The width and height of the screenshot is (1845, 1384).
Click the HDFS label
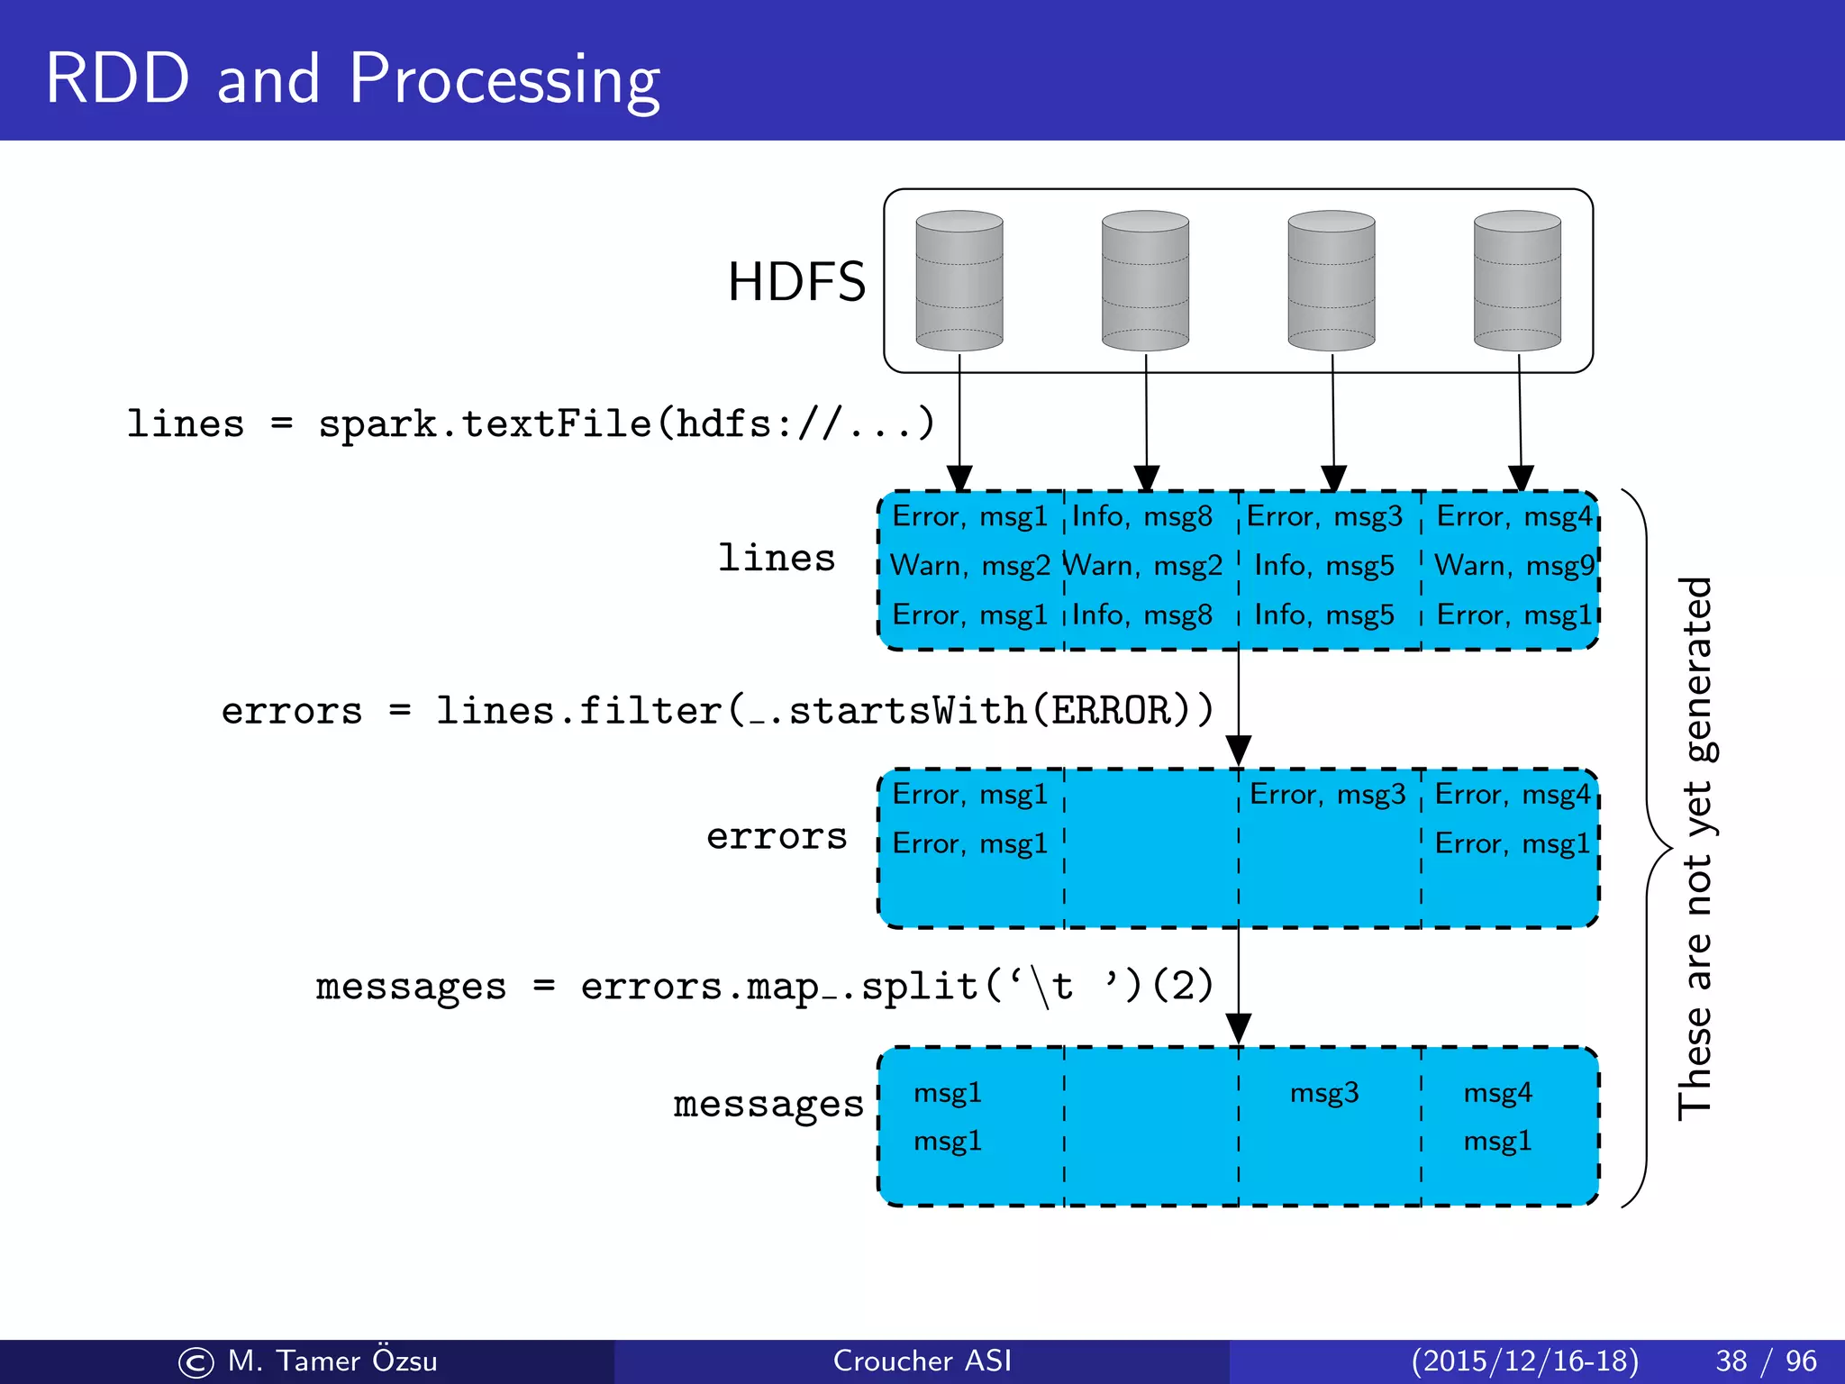click(x=796, y=282)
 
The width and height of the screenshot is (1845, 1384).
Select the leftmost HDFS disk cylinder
click(x=959, y=281)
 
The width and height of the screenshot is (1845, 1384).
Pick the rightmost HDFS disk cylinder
click(x=1517, y=281)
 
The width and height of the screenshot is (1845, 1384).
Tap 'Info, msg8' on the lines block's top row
click(x=1141, y=516)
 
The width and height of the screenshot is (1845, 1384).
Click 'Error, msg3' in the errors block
click(x=1327, y=795)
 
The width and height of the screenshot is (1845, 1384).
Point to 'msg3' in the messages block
click(x=1323, y=1093)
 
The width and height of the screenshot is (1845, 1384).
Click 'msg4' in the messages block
click(x=1497, y=1093)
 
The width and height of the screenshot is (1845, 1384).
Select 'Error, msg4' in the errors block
click(x=1513, y=795)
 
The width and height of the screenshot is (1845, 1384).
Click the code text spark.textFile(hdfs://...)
click(x=626, y=423)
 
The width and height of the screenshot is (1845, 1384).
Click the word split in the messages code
click(x=919, y=987)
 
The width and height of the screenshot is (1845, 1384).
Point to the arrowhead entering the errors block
click(x=1239, y=751)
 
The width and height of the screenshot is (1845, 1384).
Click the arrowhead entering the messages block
click(x=1239, y=1028)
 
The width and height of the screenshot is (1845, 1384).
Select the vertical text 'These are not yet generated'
click(x=1695, y=847)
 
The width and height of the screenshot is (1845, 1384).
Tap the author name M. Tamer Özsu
click(x=332, y=1361)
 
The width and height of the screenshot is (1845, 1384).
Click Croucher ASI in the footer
click(x=922, y=1361)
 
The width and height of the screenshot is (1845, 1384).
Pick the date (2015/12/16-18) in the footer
click(x=1524, y=1361)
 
